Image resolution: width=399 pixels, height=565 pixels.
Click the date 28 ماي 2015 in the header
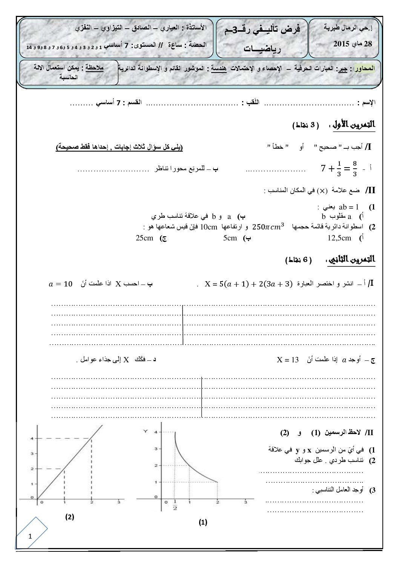point(353,44)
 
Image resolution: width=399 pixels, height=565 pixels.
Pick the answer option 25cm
point(144,238)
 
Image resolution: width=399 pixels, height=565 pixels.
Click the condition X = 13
point(288,360)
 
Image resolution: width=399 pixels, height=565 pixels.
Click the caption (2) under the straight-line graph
point(69,517)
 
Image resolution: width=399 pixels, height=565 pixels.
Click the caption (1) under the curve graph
point(203,522)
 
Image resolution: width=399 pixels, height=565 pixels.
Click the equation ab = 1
point(349,207)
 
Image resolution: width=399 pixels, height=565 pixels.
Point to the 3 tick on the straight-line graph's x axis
point(119,502)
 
